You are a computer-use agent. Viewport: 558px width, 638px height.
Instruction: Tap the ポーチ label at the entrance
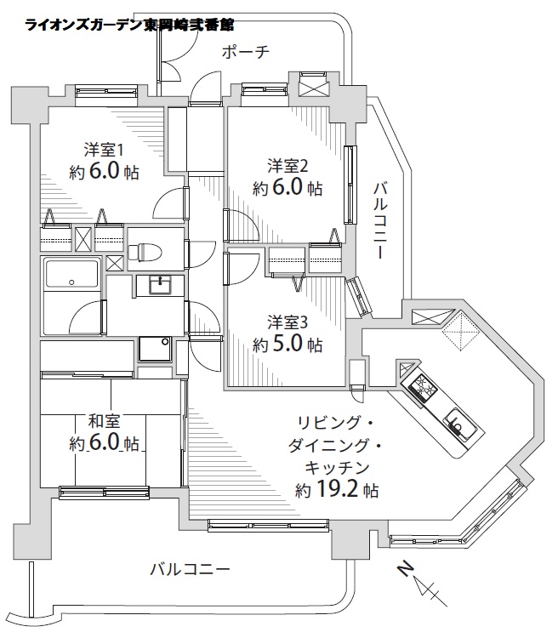245,53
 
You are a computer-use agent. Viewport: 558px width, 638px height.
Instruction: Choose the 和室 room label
106,419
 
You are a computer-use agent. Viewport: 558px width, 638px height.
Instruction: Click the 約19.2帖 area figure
337,490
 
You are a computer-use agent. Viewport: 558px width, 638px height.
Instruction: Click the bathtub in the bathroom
73,276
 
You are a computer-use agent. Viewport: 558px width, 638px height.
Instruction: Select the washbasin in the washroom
159,284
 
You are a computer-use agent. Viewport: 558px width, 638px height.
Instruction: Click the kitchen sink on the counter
457,423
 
